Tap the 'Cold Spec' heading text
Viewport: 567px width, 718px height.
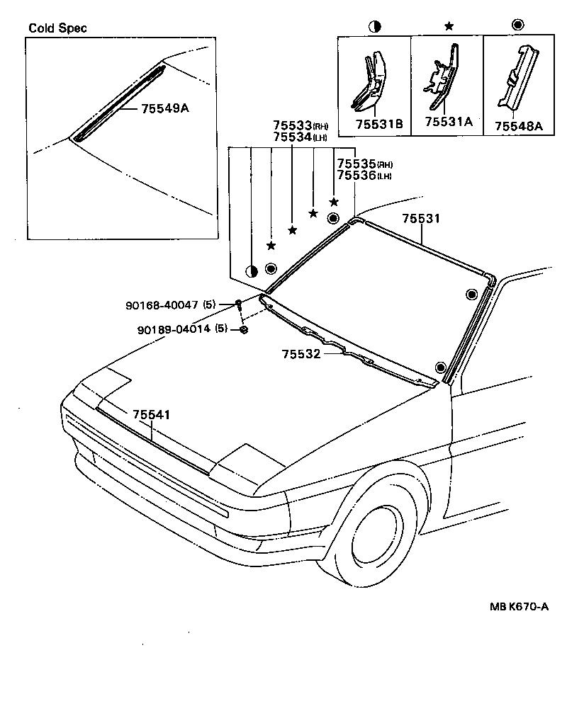(x=58, y=29)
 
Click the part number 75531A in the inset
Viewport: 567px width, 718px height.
(x=448, y=122)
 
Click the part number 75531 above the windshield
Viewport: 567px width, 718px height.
(x=421, y=219)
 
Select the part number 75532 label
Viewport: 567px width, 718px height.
(x=301, y=353)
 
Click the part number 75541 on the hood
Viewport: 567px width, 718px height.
(x=150, y=415)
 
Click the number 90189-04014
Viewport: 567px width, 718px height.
(x=174, y=329)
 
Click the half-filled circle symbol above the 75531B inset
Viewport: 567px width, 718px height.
(x=374, y=26)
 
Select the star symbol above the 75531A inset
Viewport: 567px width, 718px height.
(x=448, y=26)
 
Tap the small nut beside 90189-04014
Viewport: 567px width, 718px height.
(x=243, y=330)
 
